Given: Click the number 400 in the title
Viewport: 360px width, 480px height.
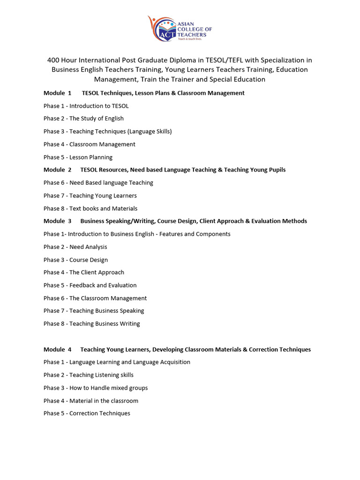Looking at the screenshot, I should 54,60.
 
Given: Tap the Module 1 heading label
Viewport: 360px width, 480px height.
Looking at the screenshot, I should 57,93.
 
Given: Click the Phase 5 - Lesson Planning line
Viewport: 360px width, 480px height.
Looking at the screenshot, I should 78,157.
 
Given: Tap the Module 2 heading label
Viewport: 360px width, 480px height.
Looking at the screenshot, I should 57,170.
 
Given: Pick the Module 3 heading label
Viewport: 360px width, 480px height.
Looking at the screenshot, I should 57,221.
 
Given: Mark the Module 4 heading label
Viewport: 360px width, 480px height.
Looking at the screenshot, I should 57,349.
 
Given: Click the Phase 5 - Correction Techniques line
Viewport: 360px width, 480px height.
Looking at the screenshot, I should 87,413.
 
